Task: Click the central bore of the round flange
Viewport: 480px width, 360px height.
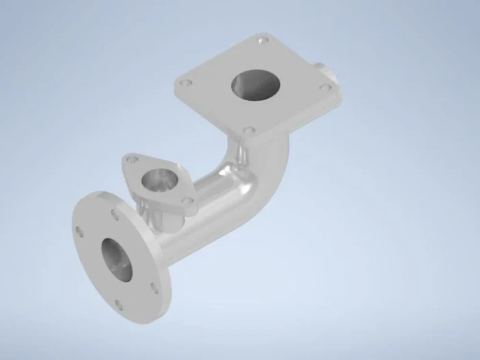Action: pos(117,260)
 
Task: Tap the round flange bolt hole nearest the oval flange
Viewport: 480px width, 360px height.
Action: pos(115,215)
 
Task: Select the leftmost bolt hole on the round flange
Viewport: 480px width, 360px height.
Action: pos(80,232)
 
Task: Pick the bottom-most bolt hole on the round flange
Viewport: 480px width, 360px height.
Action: pos(119,304)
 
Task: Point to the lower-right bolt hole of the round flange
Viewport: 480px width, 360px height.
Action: pos(155,288)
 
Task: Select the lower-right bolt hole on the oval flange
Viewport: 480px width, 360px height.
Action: pos(188,200)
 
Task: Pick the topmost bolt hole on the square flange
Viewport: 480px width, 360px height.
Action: pos(262,41)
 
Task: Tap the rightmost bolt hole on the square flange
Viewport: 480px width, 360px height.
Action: pos(325,88)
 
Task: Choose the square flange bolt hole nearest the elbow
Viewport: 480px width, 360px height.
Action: pos(248,130)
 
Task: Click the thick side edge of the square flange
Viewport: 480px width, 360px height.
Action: pos(298,125)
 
